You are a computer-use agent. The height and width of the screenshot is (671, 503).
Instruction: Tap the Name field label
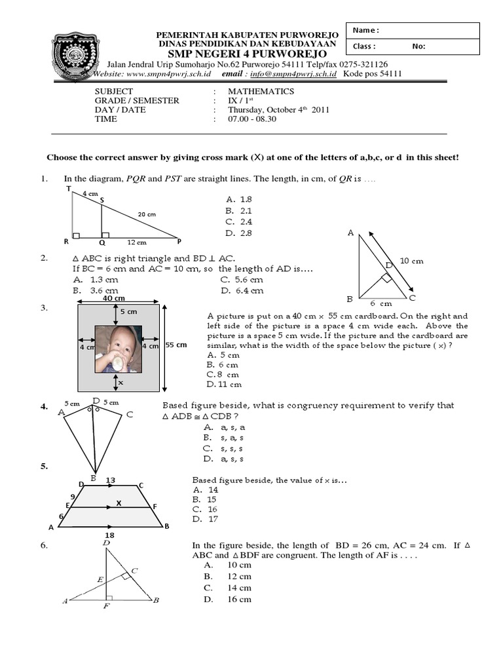tap(365, 30)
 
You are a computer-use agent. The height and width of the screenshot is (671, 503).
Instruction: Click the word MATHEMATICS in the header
tap(261, 92)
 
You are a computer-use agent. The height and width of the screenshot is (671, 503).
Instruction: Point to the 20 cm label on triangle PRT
tap(147, 214)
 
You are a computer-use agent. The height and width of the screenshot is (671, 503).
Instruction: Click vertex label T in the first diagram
tap(68, 189)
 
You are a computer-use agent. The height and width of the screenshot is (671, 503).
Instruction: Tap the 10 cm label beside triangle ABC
tap(411, 261)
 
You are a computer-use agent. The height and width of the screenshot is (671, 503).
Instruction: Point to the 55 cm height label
tap(177, 345)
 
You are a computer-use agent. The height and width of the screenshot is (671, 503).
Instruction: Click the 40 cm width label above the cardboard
tap(114, 298)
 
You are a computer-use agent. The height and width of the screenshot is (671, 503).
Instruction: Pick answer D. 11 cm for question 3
tap(223, 385)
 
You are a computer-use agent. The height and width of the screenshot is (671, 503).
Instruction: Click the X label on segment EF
tap(119, 503)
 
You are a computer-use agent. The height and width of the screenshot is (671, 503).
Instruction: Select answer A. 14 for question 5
tap(205, 489)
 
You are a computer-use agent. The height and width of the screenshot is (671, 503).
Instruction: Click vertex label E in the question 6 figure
tap(100, 579)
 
